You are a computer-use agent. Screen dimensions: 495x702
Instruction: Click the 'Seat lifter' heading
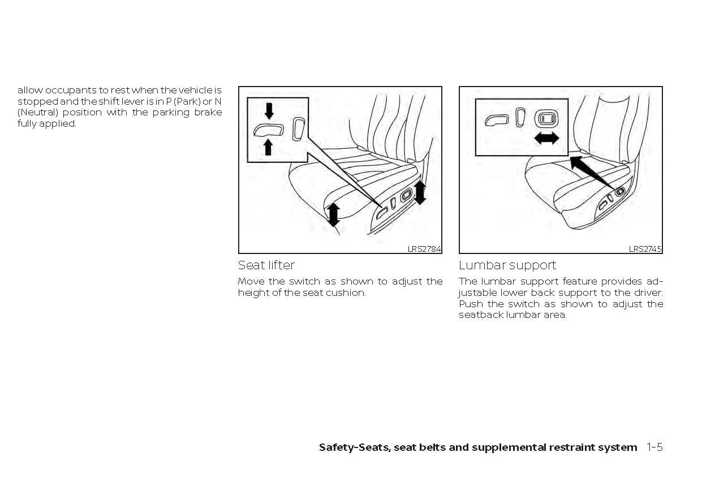click(x=266, y=265)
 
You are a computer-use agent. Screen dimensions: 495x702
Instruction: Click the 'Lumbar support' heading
click(x=507, y=265)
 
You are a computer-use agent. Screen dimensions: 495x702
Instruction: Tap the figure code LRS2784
click(x=424, y=249)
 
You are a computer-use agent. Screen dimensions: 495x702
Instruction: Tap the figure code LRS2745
click(x=645, y=249)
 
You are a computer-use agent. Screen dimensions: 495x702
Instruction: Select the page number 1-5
click(x=654, y=447)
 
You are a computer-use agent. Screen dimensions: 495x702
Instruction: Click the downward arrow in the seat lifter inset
click(x=269, y=110)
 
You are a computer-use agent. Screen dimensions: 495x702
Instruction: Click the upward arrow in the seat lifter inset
click(x=269, y=147)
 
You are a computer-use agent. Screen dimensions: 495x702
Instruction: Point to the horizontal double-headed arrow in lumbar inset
click(x=546, y=138)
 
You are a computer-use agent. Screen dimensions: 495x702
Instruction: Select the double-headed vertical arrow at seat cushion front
click(x=334, y=215)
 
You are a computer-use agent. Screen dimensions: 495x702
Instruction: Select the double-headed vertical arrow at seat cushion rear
click(x=419, y=192)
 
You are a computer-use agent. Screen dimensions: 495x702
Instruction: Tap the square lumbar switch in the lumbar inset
click(x=546, y=118)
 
